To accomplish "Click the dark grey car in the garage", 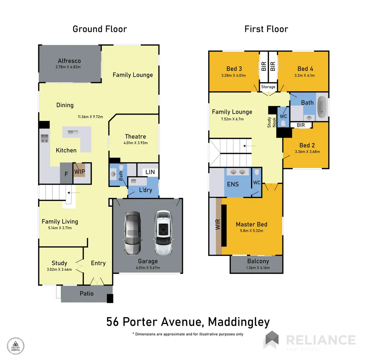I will point(133,233).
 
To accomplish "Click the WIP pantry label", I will point(80,172).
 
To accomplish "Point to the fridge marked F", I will point(66,174).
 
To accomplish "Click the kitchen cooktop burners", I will point(44,138).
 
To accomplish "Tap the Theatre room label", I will point(135,136).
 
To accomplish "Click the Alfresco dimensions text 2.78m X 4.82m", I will point(69,67).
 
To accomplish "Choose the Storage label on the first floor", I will point(268,87).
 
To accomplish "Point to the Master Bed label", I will point(251,224).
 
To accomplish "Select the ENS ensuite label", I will point(233,184).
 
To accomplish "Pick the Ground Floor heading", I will point(100,29).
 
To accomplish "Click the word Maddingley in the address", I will point(238,322).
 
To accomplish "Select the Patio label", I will point(86,294).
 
